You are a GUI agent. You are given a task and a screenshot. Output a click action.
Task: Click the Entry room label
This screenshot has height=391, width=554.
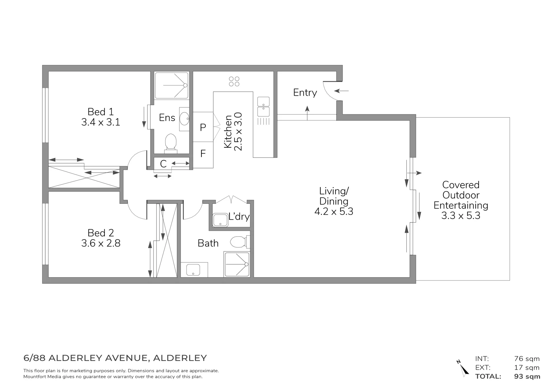pos(305,93)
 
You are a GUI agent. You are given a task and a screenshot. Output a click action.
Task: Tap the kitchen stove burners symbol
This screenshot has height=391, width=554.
pos(234,81)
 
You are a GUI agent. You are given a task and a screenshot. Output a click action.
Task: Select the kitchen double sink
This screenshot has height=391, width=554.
pos(263,107)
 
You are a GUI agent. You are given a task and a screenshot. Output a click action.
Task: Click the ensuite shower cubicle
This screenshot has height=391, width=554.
pos(172,85)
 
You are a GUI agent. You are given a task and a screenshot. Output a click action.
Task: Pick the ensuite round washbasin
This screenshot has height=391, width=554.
pos(184,119)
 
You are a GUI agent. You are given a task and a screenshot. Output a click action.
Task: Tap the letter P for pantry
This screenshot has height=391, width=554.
pos(203,127)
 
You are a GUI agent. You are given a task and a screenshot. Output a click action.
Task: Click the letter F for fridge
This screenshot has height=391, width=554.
pos(203,154)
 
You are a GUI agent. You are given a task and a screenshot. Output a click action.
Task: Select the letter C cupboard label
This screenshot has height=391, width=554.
pos(163,164)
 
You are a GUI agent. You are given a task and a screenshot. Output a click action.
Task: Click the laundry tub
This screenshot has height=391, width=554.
pos(220,220)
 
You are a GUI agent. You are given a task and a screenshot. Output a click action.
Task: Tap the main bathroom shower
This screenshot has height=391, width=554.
pos(237,264)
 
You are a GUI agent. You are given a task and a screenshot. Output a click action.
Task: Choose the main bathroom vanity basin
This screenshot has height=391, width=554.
pos(193,270)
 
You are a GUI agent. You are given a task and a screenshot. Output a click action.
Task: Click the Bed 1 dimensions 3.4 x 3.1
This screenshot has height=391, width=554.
pos(101,122)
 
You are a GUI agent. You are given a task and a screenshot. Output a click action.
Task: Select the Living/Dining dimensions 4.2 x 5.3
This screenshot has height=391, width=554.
pos(334,212)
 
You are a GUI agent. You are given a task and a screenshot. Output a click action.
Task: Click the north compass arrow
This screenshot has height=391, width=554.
pos(463,368)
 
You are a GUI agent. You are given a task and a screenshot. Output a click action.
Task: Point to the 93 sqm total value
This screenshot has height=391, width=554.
pos(527,377)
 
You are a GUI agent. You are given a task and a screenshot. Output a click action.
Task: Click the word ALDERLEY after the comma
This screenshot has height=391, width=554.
pos(180,358)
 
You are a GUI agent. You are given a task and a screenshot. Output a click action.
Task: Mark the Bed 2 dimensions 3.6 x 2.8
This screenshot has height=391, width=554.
pos(101,243)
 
